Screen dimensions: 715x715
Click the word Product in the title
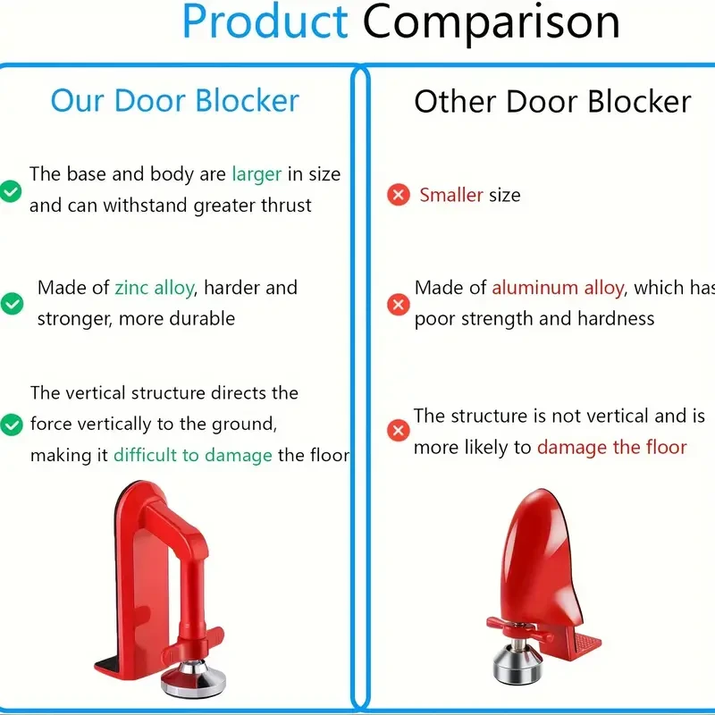pyautogui.click(x=265, y=21)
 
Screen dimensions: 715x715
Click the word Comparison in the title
pyautogui.click(x=491, y=21)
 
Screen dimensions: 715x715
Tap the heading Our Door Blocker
pyautogui.click(x=174, y=100)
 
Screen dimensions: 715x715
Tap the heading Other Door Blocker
pyautogui.click(x=552, y=102)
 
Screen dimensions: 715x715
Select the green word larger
pyautogui.click(x=257, y=173)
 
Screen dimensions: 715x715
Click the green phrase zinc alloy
pyautogui.click(x=154, y=288)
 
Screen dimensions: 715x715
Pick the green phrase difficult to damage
pyautogui.click(x=192, y=455)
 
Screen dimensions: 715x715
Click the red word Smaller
pyautogui.click(x=451, y=195)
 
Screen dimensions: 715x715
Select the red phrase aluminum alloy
pyautogui.click(x=558, y=288)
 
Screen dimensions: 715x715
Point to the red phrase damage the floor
pyautogui.click(x=611, y=447)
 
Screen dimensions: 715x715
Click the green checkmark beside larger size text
pyautogui.click(x=11, y=190)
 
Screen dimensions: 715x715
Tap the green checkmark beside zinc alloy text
pyautogui.click(x=12, y=304)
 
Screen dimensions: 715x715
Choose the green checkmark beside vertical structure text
pyautogui.click(x=11, y=425)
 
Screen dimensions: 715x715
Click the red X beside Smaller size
pyautogui.click(x=399, y=195)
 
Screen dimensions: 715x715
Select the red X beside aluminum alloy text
pyautogui.click(x=399, y=305)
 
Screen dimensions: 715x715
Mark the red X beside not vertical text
pyautogui.click(x=399, y=431)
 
